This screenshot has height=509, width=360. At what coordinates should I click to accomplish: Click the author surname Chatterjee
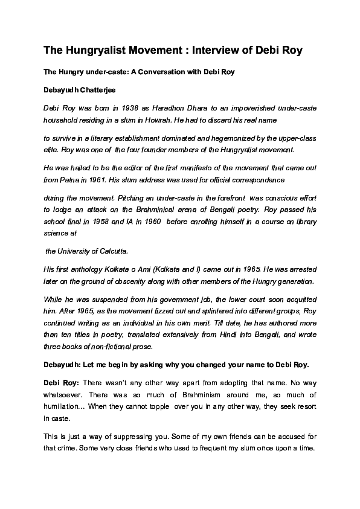100,90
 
